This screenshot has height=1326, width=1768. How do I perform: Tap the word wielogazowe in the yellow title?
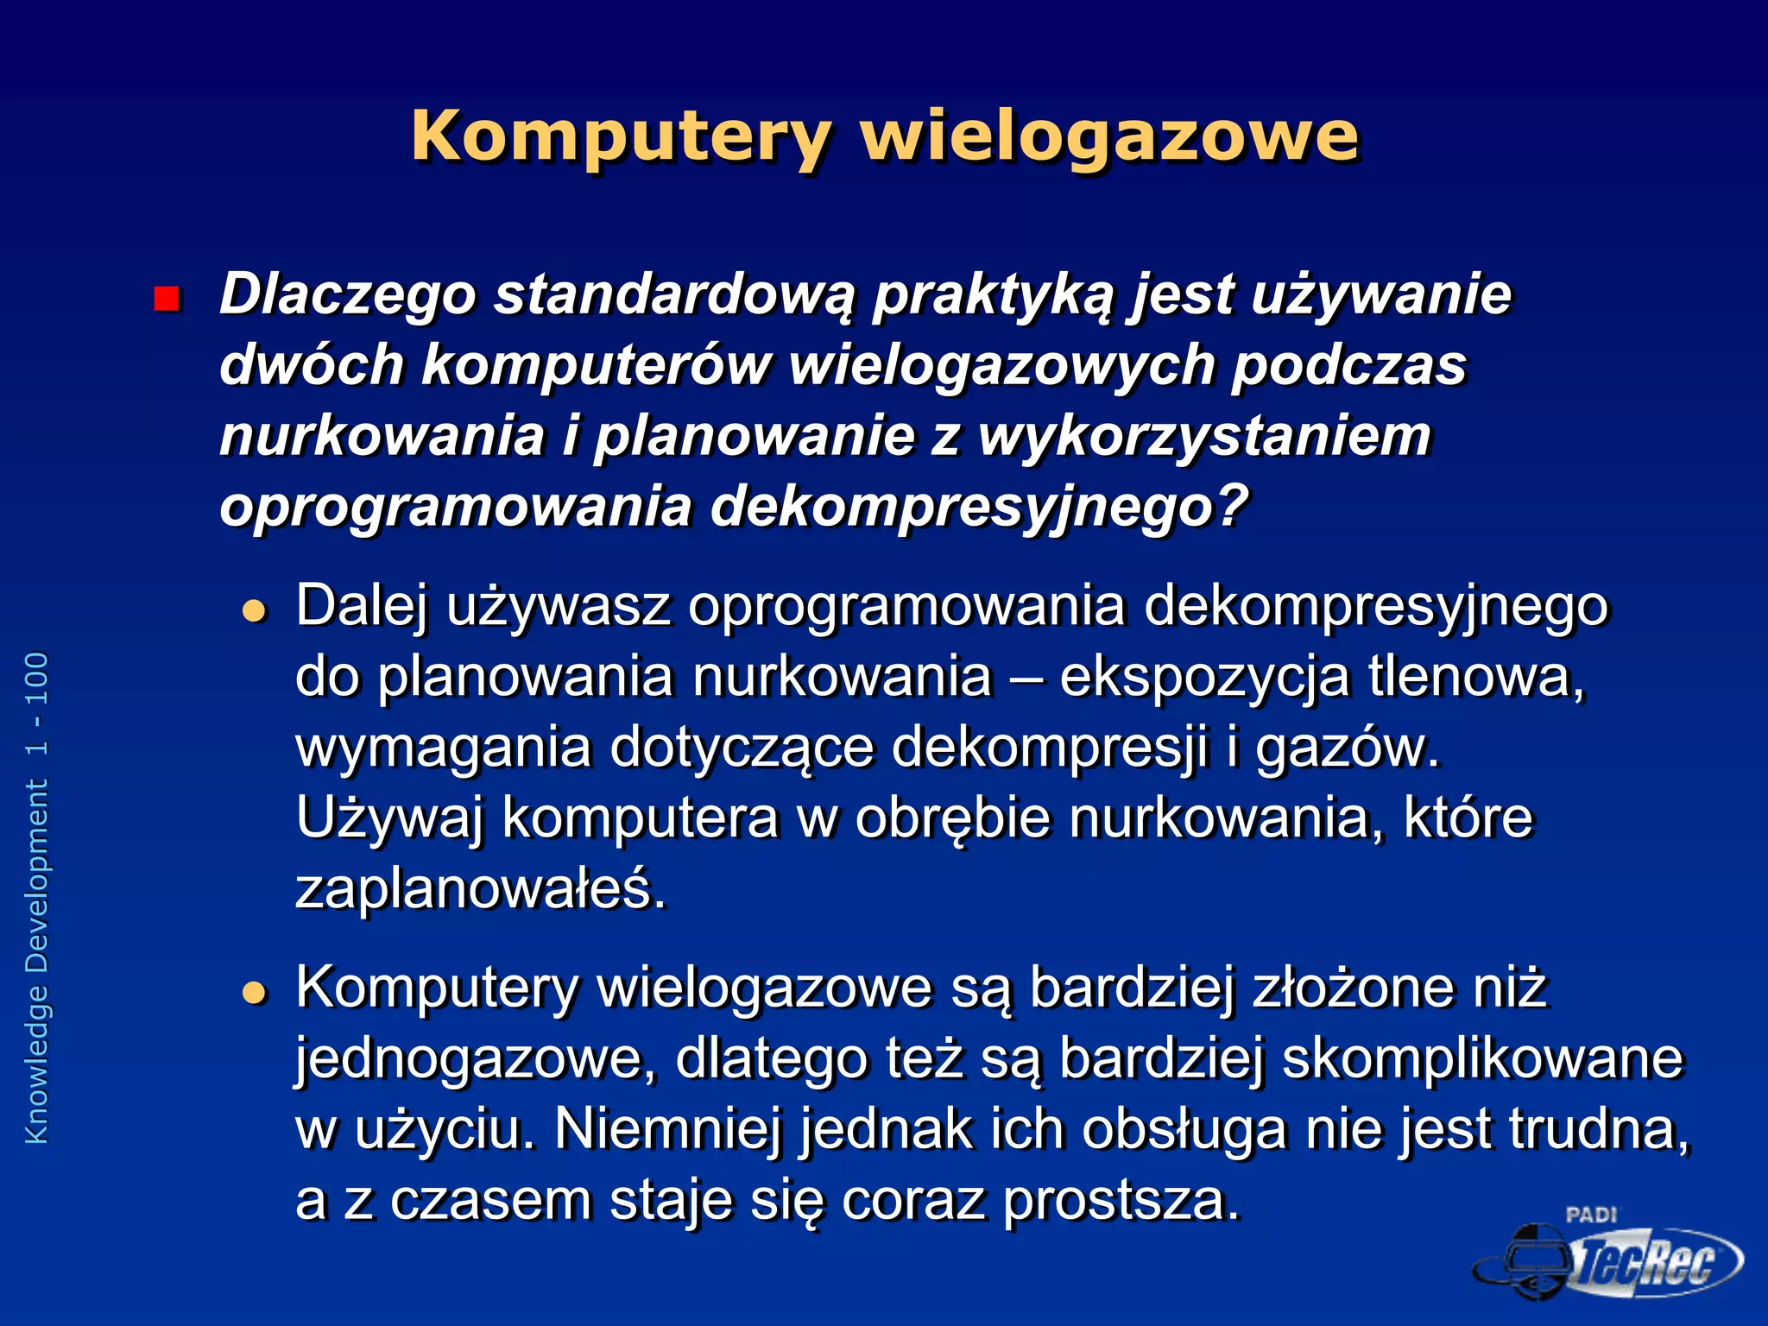[1109, 136]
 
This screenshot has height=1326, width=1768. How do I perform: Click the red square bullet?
[166, 299]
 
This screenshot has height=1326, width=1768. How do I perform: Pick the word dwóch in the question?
[312, 364]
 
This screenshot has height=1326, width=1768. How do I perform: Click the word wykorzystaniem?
[1204, 435]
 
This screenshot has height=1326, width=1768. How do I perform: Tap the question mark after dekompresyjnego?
[1233, 504]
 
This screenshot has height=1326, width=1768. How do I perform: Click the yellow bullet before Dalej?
[255, 611]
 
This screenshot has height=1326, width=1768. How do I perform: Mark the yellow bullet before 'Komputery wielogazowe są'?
[255, 993]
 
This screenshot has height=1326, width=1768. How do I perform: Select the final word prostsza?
[1121, 1200]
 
